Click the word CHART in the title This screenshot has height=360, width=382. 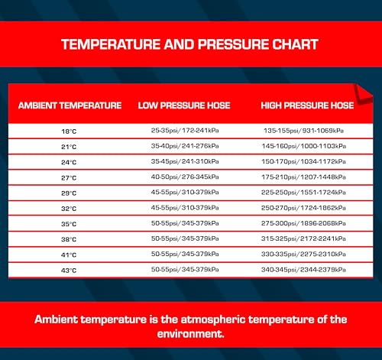point(295,44)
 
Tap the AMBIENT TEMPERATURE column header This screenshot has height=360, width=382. point(70,105)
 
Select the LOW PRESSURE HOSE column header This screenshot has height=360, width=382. point(184,105)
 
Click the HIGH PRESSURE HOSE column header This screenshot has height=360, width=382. point(307,105)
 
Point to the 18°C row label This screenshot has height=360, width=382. point(69,131)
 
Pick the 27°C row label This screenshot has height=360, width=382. point(69,178)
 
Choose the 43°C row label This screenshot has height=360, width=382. point(69,271)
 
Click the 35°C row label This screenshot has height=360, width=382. point(69,224)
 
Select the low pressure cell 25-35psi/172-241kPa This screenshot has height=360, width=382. point(185,131)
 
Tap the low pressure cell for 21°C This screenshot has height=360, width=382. point(185,146)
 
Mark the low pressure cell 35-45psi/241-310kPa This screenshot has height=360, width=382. point(185,161)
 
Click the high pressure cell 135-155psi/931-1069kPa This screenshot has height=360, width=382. point(303,131)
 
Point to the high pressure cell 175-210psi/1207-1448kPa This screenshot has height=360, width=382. point(303,177)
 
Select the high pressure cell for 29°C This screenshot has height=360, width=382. point(303,193)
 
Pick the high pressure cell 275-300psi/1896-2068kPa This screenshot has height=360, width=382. point(303,223)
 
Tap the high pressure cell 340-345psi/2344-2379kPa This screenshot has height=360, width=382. point(303,270)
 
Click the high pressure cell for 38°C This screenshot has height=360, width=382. point(303,238)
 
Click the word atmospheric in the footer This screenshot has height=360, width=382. point(213,319)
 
